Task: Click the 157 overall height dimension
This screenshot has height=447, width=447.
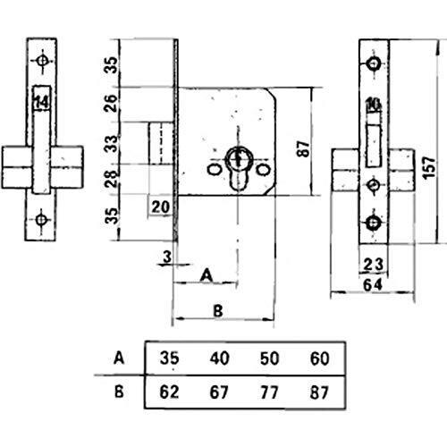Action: tap(429, 167)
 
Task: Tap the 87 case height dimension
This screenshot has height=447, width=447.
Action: tap(303, 148)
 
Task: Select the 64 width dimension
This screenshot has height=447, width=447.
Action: tap(373, 285)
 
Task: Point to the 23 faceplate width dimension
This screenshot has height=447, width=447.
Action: tap(373, 265)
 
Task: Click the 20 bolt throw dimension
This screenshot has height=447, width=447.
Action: tap(161, 207)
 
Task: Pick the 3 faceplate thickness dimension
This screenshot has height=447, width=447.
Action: tap(168, 257)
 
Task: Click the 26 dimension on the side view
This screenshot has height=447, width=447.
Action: tap(111, 103)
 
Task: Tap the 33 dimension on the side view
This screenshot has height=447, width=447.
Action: tap(112, 144)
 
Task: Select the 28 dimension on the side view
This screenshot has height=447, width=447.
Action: tap(112, 178)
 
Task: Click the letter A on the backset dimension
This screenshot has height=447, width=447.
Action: tap(207, 275)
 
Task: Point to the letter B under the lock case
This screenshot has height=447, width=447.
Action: tap(218, 311)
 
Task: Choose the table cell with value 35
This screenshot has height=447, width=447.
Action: tap(170, 358)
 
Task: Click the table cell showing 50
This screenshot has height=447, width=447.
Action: tap(269, 358)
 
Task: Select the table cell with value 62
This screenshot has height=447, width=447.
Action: tap(169, 392)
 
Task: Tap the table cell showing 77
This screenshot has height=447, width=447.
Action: tap(269, 392)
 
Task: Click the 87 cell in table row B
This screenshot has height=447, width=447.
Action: tap(319, 392)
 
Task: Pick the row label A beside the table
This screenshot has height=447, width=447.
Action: tap(119, 358)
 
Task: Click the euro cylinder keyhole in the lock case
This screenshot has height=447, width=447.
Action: tap(238, 168)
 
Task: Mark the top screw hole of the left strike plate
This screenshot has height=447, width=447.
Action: tap(42, 61)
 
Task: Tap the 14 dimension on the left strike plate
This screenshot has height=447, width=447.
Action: tap(42, 103)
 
